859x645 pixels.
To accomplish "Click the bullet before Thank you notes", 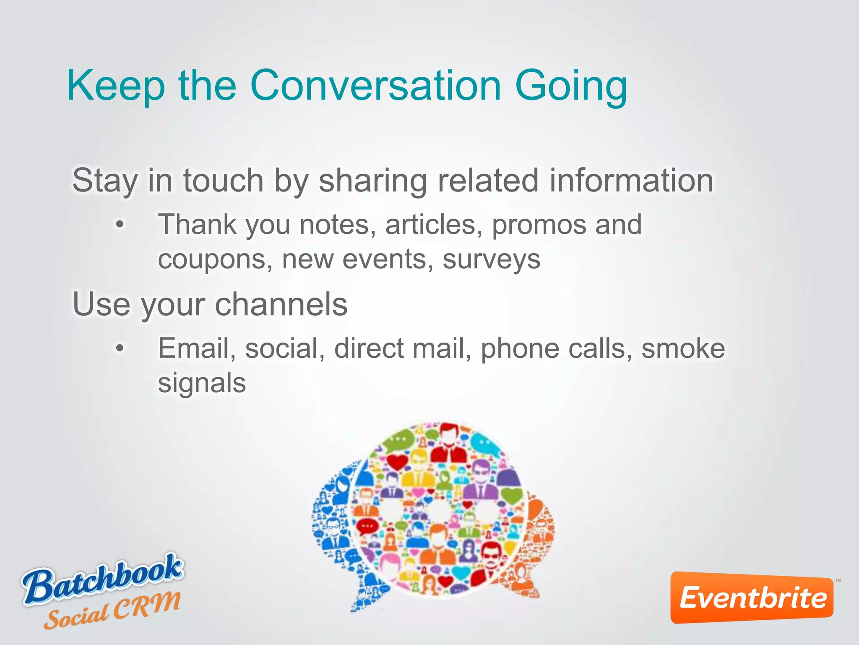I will [120, 225].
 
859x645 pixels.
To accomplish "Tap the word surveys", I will [491, 260].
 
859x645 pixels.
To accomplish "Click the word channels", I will [281, 304].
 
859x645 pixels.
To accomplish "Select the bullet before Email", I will [120, 348].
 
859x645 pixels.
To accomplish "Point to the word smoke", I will [683, 348].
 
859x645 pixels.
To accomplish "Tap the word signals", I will [202, 383].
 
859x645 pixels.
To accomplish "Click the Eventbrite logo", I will [752, 598].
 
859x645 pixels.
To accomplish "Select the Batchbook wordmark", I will [103, 579].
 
